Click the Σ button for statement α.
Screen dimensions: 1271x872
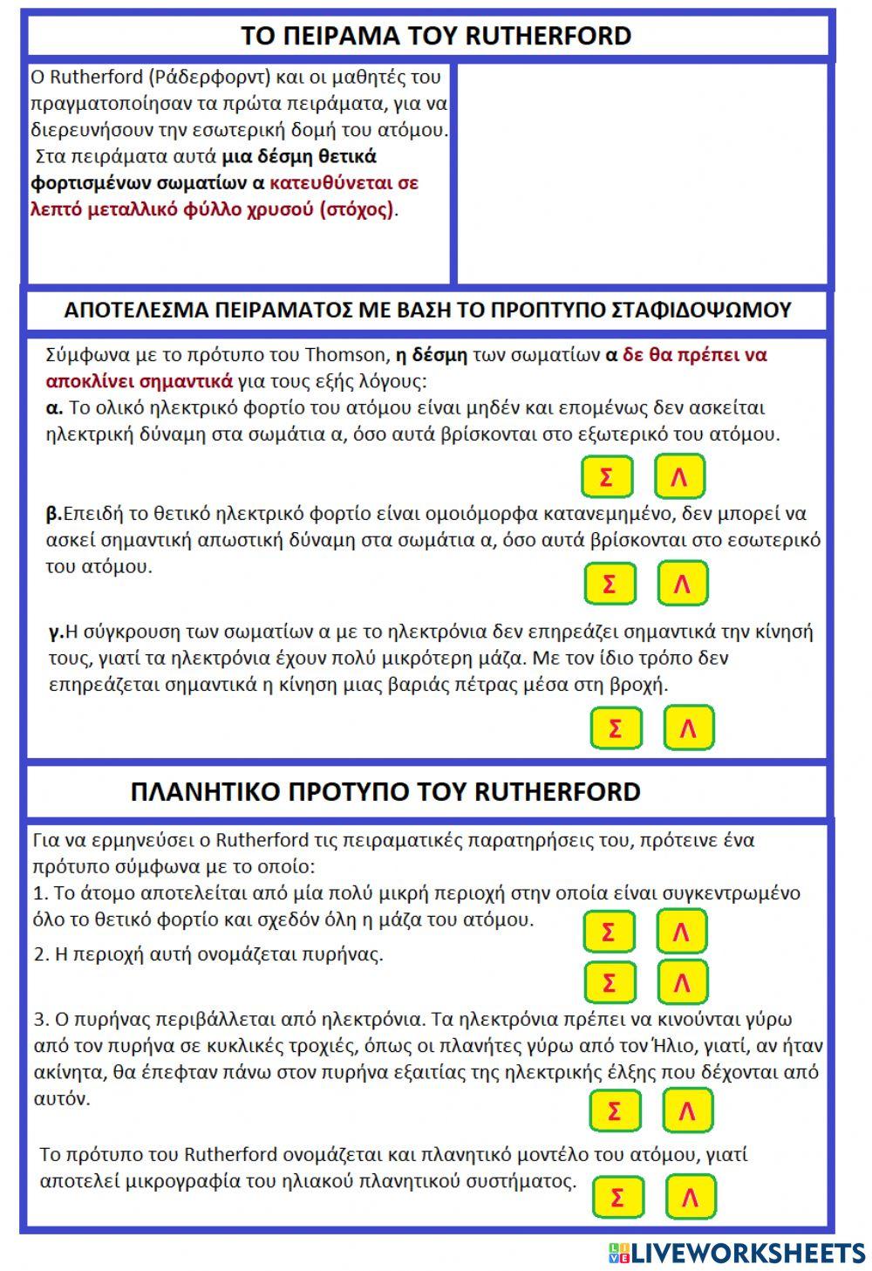[x=607, y=476]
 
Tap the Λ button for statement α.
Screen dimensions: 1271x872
[x=679, y=476]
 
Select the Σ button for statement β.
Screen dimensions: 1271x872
[x=610, y=583]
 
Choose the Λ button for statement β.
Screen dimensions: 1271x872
[x=682, y=583]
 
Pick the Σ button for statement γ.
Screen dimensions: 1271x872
[x=616, y=728]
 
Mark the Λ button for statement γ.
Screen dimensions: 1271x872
[x=688, y=728]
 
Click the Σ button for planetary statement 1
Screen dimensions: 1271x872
[x=609, y=932]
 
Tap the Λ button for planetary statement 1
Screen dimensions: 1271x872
[x=681, y=932]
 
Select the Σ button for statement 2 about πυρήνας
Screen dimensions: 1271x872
[x=609, y=982]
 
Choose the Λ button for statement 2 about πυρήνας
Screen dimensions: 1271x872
[x=681, y=982]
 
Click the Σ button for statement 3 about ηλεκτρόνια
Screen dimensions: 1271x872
[x=615, y=1110]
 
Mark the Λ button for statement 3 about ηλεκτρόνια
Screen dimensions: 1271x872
[x=687, y=1110]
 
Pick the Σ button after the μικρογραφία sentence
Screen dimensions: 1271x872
[x=617, y=1197]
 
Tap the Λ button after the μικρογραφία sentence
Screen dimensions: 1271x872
[x=690, y=1197]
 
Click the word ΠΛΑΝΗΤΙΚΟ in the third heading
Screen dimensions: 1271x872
[x=203, y=791]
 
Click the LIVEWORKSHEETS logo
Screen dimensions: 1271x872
[x=737, y=1252]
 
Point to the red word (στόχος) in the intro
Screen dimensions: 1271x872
[x=357, y=209]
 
